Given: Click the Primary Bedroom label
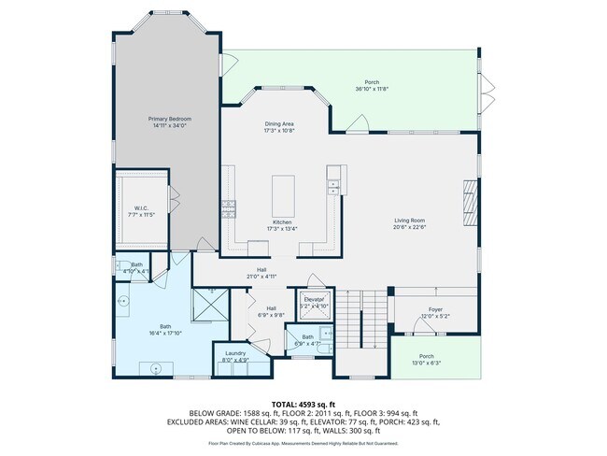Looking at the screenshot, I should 171,120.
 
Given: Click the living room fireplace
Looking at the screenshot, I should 469,199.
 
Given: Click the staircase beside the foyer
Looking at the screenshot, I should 360,318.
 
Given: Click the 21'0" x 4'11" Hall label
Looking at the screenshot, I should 261,275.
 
